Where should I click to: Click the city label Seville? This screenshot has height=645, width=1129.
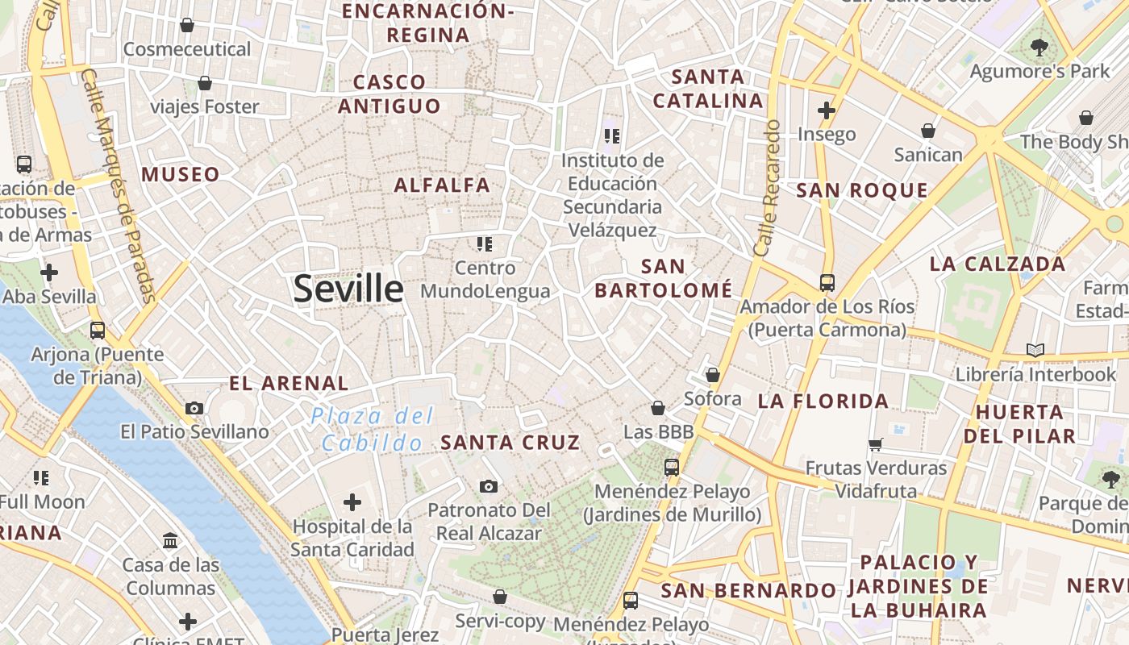pos(348,288)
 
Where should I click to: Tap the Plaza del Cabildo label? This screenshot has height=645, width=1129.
pos(373,429)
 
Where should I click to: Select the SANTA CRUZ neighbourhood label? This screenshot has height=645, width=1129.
pos(510,442)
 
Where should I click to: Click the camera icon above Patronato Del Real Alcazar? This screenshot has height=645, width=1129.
pos(488,486)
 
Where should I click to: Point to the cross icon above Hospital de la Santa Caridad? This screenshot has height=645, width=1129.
pos(352,502)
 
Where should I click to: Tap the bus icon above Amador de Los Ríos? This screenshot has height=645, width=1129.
pos(827,283)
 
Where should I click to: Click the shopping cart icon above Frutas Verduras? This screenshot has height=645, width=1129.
pos(875,444)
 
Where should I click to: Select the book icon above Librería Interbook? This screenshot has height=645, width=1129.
pos(1035,350)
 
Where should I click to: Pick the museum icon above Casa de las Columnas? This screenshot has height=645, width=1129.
pos(170,540)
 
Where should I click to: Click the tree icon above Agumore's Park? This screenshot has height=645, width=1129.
pos(1039,48)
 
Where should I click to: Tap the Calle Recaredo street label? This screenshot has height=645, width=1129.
pos(767,188)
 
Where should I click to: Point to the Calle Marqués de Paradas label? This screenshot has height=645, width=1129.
pos(119,185)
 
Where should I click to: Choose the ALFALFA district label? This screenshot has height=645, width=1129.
pos(442,185)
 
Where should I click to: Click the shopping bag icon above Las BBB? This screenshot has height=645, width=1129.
pos(658,408)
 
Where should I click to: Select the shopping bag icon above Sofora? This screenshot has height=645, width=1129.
pos(712,375)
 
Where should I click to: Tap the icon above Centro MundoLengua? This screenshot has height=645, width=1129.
pos(484,243)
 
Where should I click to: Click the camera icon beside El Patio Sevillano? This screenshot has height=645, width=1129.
pos(194,408)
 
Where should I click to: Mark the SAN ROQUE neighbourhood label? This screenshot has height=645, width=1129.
pos(862,190)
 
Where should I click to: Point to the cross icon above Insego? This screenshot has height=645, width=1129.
pos(826,110)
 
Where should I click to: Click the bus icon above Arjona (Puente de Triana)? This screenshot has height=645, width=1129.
pos(98,330)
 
